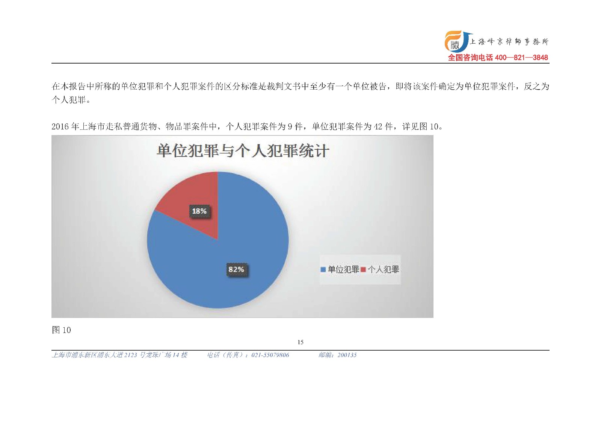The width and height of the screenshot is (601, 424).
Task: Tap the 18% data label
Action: pos(199,211)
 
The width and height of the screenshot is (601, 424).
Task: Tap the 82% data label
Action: pos(236,269)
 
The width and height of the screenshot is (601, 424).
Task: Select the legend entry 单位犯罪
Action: pos(340,269)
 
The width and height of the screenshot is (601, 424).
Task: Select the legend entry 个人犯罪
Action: pos(380,269)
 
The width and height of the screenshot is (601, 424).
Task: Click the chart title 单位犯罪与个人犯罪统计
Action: pos(243,151)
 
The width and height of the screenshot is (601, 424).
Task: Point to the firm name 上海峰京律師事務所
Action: pos(509,42)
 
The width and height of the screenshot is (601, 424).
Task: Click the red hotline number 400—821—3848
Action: pos(521,58)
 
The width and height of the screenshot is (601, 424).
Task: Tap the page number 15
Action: pos(300,342)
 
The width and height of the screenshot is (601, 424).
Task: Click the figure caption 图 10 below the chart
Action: pos(61,330)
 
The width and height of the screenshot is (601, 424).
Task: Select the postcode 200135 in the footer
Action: pos(347,355)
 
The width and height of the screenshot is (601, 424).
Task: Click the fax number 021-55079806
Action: pos(270,355)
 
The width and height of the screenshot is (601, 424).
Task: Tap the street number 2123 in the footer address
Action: pos(131,355)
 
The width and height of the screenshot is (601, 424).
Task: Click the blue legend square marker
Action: pos(323,269)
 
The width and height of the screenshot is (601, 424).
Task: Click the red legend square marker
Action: pos(364,269)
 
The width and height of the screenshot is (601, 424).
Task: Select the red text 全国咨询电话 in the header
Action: pos(470,58)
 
